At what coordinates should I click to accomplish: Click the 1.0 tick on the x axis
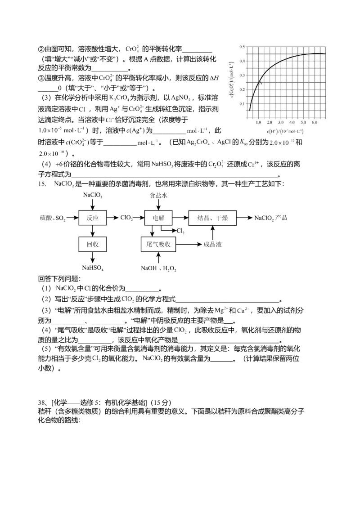[258, 122]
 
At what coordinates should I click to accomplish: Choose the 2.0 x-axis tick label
[269, 122]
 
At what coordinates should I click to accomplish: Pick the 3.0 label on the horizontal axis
[280, 122]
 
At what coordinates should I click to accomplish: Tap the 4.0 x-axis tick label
[292, 122]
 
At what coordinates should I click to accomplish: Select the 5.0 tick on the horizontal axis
[303, 122]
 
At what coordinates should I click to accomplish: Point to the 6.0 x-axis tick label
[315, 122]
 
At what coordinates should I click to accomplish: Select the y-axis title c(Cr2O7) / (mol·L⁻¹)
[232, 81]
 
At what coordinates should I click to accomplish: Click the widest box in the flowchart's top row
[211, 218]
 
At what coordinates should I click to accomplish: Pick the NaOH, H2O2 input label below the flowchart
[158, 268]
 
